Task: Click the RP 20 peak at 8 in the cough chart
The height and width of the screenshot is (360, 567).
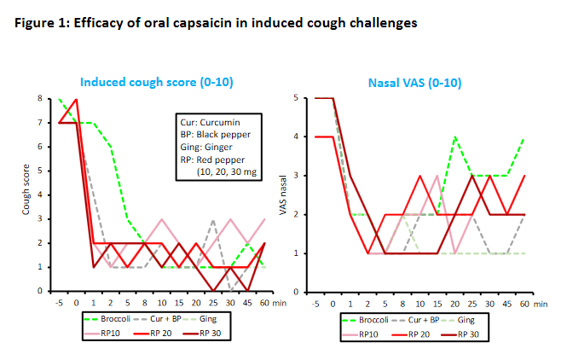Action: point(77,99)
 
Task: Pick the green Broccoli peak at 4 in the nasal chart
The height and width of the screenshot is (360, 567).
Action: point(455,137)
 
